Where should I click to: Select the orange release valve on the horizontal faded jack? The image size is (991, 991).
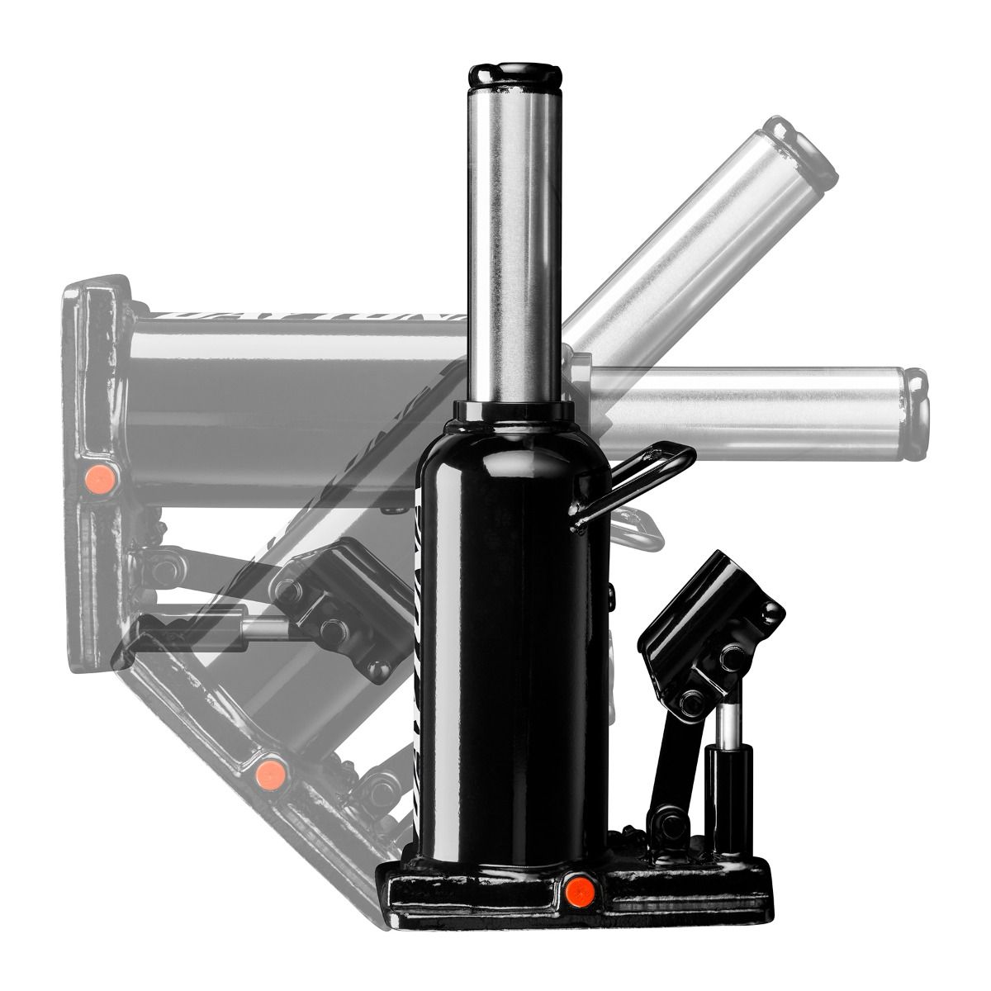click(x=100, y=477)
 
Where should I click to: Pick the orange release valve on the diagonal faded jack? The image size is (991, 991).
click(x=269, y=773)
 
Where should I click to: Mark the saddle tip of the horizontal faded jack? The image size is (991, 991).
click(x=917, y=413)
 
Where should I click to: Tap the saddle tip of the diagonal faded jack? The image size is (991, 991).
click(x=801, y=153)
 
